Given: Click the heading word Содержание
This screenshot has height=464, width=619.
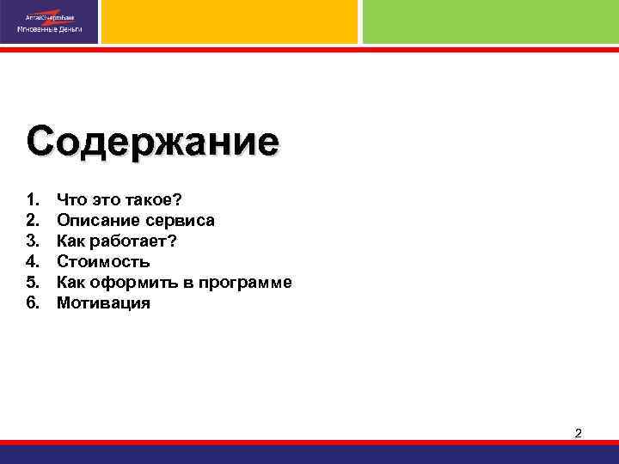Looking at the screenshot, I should click(x=152, y=141).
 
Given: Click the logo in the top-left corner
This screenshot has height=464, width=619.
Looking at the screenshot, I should click(x=49, y=22).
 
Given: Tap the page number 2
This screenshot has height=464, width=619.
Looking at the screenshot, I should click(x=578, y=433).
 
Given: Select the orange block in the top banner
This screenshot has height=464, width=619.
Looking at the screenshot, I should click(x=230, y=21).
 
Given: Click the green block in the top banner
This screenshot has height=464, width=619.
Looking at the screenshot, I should click(x=490, y=21).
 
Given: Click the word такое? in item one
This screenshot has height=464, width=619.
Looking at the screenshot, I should click(x=153, y=200).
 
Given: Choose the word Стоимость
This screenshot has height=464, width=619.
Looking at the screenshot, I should click(x=103, y=262).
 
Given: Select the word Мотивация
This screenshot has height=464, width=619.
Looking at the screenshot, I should click(x=103, y=303).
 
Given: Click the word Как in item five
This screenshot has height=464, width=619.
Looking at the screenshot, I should click(x=71, y=283).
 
